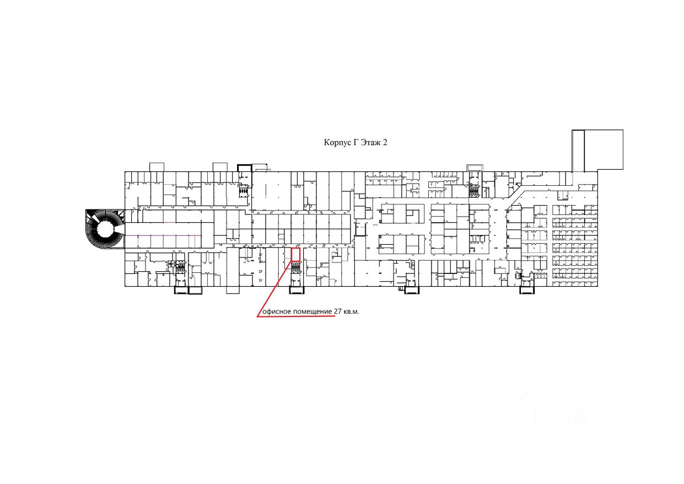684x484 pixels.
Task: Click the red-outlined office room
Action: click(x=295, y=254)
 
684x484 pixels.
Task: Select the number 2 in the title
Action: click(x=385, y=142)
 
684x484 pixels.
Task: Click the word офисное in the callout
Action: click(x=277, y=311)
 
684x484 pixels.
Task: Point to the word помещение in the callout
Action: click(x=312, y=311)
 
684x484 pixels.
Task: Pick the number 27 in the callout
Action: click(x=338, y=311)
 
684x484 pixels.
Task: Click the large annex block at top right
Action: click(x=604, y=149)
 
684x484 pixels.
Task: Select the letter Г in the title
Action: click(x=356, y=142)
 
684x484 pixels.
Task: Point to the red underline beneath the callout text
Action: click(x=298, y=317)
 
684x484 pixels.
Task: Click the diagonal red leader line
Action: click(x=274, y=289)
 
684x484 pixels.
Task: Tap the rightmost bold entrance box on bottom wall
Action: click(x=526, y=289)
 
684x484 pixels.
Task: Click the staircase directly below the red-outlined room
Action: click(x=296, y=268)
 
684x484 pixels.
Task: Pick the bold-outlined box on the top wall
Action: click(x=244, y=168)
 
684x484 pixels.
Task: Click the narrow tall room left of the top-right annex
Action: click(x=578, y=150)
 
